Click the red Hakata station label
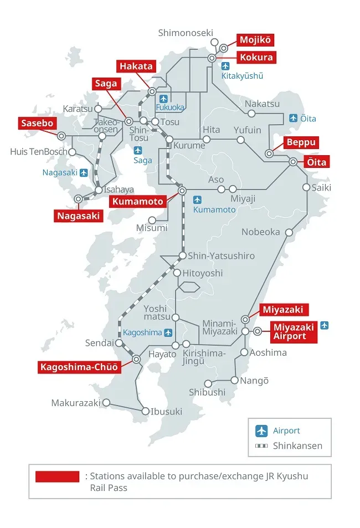click(136, 66)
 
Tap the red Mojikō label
click(255, 40)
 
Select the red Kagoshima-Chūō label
click(79, 367)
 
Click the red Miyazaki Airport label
click(293, 331)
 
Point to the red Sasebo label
click(37, 123)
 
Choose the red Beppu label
click(301, 142)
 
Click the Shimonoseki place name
click(185, 33)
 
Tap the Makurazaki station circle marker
click(107, 403)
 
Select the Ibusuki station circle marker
click(146, 411)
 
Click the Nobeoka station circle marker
click(289, 233)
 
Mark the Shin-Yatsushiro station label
click(221, 256)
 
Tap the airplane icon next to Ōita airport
click(294, 118)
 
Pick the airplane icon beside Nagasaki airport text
click(84, 172)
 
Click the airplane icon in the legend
click(261, 430)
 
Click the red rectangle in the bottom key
click(57, 476)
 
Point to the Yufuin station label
click(247, 130)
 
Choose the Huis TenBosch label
click(38, 151)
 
